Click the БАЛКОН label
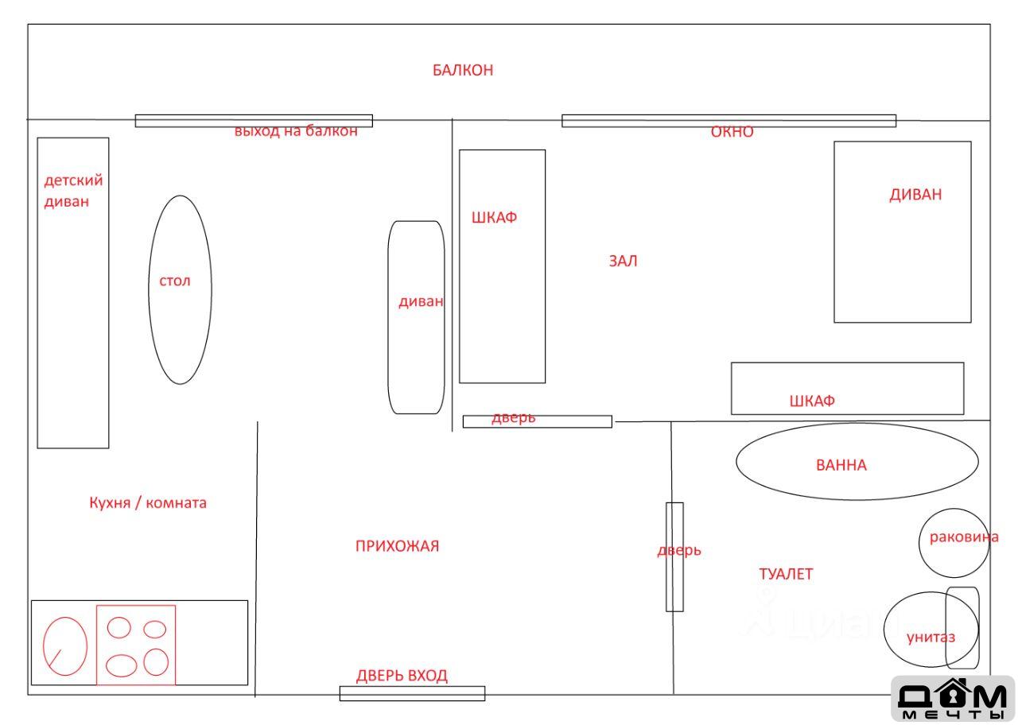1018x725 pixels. pos(463,70)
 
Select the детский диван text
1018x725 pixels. pos(73,191)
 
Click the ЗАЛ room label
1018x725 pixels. pos(623,261)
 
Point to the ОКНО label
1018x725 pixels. pos(732,132)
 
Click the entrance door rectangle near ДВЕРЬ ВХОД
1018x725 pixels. pos(412,694)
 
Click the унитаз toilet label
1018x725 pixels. pos(931,638)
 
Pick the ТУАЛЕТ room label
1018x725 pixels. pos(786,574)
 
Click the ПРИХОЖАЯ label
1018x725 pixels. pos(397,545)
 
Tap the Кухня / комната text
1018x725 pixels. pos(148,503)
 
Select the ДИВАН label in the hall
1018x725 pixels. pos(915,195)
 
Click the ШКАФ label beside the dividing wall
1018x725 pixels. pos(494,217)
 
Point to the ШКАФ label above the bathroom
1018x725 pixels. pos(812,401)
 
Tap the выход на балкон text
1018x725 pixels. pos(296,131)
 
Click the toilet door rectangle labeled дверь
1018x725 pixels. pos(674,557)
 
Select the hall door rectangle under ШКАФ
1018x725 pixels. pos(537,421)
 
